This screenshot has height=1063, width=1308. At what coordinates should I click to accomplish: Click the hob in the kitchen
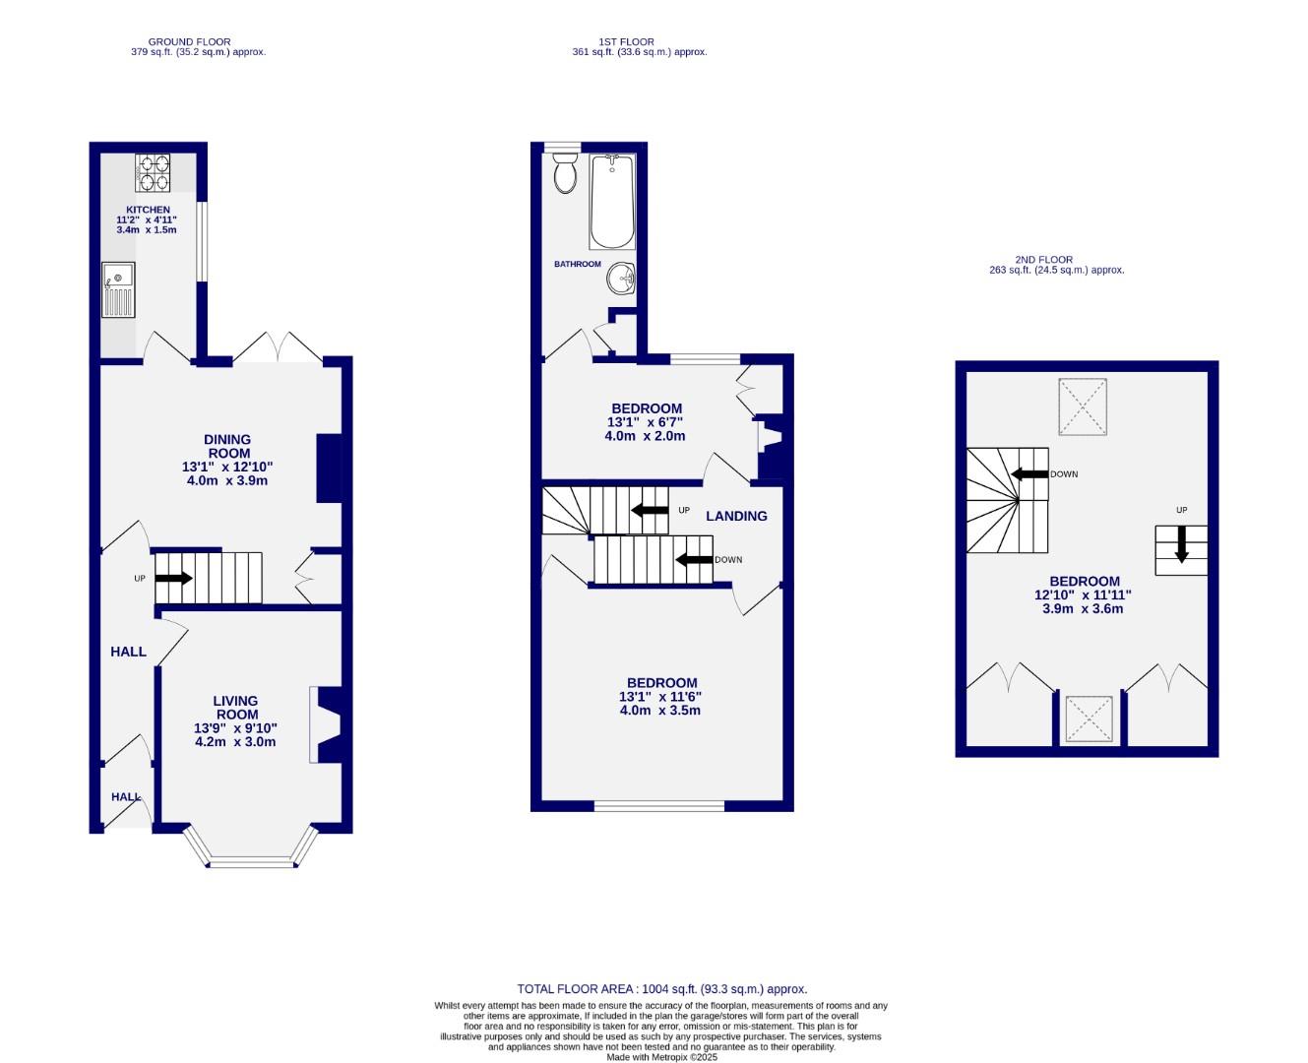coord(153,172)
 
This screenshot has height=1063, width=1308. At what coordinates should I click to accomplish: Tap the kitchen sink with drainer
coord(118,289)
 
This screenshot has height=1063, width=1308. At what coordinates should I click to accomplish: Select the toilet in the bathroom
coord(565,172)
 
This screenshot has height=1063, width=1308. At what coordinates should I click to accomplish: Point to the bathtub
coord(612,202)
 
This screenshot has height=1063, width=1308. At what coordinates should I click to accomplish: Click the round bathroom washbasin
coord(621,279)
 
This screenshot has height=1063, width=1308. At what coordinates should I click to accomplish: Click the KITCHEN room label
coord(148,210)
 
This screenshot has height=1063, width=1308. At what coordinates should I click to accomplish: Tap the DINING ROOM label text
coord(227,447)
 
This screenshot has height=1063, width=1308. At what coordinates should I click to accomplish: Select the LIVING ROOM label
coord(236,708)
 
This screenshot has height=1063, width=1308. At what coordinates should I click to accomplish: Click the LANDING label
coord(736,516)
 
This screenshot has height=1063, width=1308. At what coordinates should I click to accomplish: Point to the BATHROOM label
coord(577,264)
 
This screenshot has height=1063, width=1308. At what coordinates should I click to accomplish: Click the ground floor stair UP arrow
coord(174,578)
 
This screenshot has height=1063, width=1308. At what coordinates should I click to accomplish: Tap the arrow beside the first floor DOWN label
coord(694,560)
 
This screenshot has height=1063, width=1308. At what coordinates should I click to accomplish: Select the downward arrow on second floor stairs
coord(1181,543)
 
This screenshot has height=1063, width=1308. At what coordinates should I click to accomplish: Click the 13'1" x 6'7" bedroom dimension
coord(646,422)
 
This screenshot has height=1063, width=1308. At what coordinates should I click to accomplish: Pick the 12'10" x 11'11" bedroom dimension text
coord(1083,594)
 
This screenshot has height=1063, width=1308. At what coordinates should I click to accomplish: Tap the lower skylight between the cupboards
coord(1089,719)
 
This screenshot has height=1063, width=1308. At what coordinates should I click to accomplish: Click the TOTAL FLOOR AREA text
coord(661,989)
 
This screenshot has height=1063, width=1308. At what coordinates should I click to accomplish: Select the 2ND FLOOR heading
coord(1044,260)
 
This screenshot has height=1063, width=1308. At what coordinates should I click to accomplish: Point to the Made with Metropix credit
coord(661,1057)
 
